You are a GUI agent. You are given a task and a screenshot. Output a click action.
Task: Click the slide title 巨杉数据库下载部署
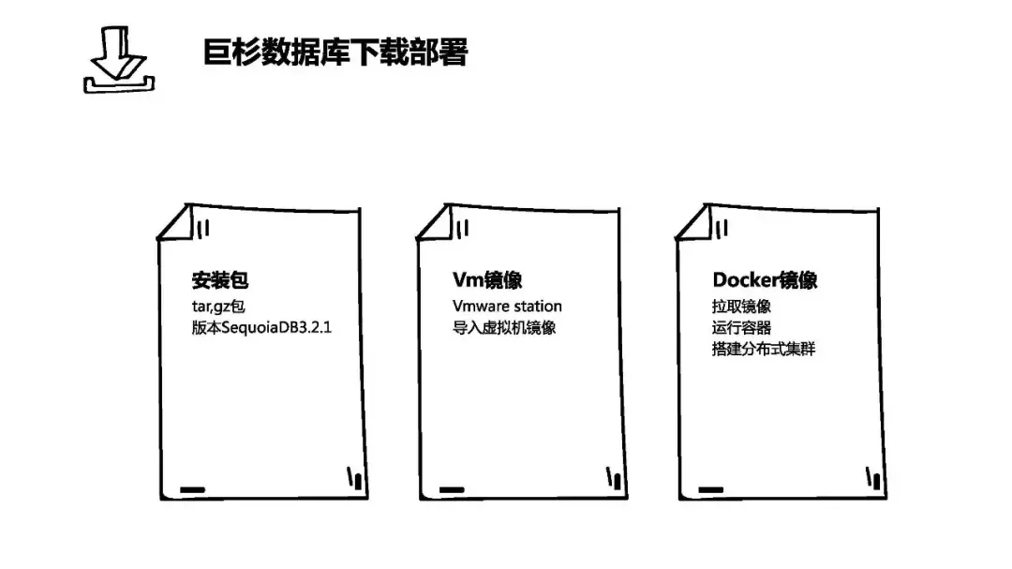tap(335, 52)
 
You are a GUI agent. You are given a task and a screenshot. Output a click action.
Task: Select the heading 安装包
tap(220, 280)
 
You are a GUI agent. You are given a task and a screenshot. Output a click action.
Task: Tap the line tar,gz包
tap(217, 306)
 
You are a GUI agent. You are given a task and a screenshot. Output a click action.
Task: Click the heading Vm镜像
tap(487, 280)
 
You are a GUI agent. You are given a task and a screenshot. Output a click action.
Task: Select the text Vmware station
tap(507, 306)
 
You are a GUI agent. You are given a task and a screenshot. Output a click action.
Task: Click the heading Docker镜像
tap(765, 280)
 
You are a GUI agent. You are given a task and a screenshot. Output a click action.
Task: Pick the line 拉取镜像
tap(741, 306)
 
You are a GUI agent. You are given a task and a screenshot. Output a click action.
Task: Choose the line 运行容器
tap(741, 328)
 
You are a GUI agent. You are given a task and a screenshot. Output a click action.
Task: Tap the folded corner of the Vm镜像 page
tap(436, 223)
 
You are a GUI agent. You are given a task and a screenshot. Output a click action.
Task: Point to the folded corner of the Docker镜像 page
tap(695, 223)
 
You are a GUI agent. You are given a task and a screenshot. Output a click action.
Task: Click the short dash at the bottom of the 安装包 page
tap(192, 489)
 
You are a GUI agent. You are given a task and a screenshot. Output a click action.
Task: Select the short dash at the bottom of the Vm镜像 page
tap(452, 489)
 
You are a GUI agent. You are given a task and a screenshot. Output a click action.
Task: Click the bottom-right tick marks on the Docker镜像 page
tap(874, 479)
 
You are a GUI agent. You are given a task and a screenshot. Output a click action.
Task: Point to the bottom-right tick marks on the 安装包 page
tap(354, 479)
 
